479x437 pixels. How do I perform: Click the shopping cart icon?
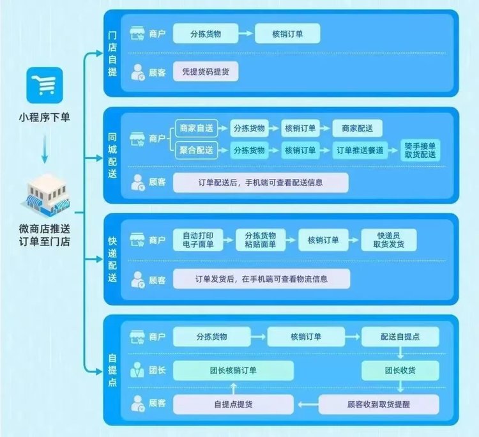[x=45, y=85]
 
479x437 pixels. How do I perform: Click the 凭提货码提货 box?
[x=206, y=72]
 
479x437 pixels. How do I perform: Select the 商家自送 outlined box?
[x=197, y=128]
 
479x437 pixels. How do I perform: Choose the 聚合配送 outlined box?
[x=197, y=150]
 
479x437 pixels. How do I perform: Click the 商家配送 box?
[x=357, y=128]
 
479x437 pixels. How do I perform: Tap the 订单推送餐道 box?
[x=360, y=150]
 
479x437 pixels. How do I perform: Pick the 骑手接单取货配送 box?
[x=420, y=150]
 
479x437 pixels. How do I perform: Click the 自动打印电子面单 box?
[x=198, y=240]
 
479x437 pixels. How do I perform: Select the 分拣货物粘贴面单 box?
[x=261, y=240]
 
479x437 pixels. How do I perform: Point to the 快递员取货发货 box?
[x=388, y=240]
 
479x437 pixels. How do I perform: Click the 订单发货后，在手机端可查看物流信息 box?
[x=261, y=279]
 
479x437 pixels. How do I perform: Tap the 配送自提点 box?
[x=400, y=337]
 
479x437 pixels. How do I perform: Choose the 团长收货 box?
[x=400, y=371]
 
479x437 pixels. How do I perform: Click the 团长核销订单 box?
[x=233, y=371]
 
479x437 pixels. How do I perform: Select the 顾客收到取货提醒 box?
[x=379, y=404]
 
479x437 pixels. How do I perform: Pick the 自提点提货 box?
[x=233, y=404]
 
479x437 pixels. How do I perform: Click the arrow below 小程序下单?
[x=45, y=149]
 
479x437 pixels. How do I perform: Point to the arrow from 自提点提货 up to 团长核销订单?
[x=233, y=388]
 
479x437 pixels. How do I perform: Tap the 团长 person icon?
[x=137, y=370]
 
